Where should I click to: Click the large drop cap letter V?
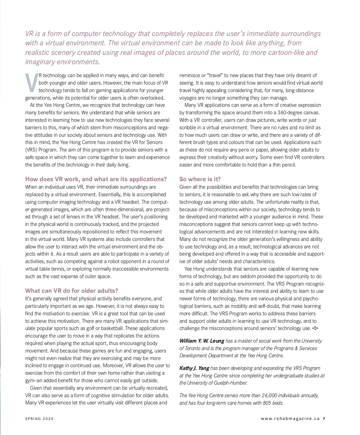pos(31,82)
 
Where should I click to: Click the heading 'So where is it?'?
pos(200,179)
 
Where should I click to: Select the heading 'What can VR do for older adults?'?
pos(72,291)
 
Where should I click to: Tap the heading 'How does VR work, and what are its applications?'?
pos(96,179)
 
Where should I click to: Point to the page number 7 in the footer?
pos(324,419)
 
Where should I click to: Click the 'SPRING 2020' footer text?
pos(39,419)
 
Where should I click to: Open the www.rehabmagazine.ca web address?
pos(290,419)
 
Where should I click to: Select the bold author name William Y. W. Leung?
pos(202,341)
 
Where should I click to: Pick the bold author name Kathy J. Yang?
pos(194,368)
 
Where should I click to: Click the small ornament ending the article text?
pos(315,328)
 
